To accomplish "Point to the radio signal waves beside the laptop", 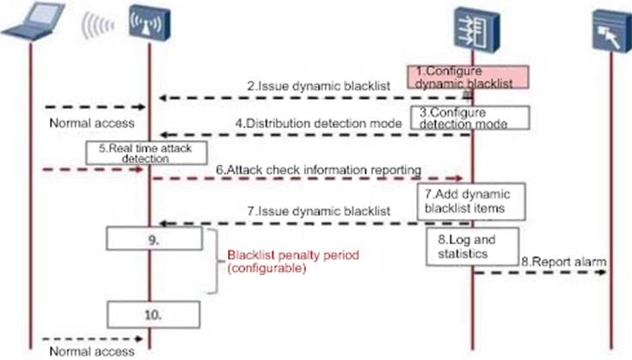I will [x=96, y=27].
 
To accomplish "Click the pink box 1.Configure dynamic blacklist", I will [x=467, y=76].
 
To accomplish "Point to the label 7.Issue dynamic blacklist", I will [x=316, y=210].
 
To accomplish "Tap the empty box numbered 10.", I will [x=153, y=314].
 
